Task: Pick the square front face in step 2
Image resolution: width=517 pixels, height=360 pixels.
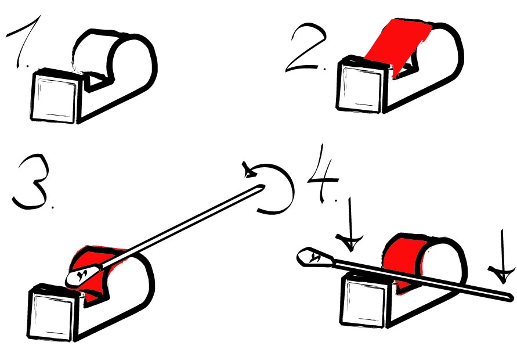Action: (361, 87)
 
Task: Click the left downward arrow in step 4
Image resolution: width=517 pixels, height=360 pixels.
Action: (350, 224)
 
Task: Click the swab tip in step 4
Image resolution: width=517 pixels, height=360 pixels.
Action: (314, 257)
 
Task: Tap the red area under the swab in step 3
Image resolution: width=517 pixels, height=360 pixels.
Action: (92, 264)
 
